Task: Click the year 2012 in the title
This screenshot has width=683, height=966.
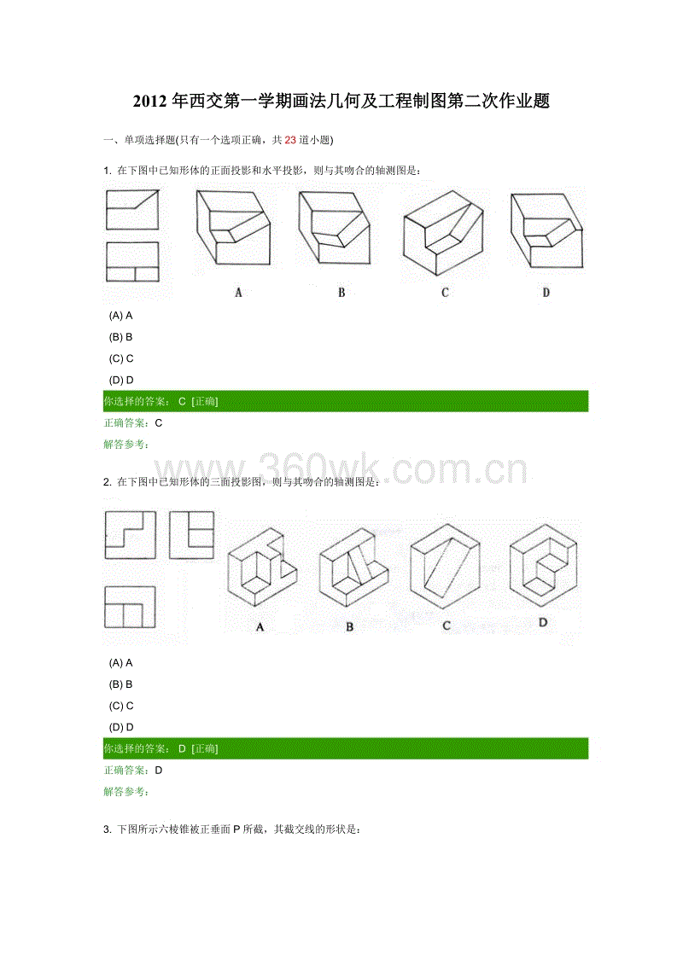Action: coord(149,101)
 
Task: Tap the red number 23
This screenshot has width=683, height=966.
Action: coord(290,140)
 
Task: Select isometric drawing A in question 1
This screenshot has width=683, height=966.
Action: coord(234,228)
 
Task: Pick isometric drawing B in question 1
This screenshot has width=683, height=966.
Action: coord(334,228)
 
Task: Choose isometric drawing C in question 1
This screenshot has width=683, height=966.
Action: coord(443,232)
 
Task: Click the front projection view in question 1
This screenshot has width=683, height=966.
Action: coord(132,209)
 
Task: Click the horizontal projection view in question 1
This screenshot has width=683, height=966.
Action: coord(132,262)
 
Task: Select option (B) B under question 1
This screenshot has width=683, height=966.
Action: coord(121,337)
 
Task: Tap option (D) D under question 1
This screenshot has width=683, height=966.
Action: coord(121,380)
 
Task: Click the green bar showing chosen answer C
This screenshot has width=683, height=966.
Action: coord(346,401)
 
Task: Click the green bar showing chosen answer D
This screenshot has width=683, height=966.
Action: coord(346,748)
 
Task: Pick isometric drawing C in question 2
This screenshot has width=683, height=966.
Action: coord(445,567)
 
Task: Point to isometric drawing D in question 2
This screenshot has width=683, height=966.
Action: coord(543,565)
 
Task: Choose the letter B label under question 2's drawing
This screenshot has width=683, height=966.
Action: coord(349,626)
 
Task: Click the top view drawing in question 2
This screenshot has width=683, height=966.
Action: coord(130,607)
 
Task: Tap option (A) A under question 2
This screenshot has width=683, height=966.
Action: coord(121,663)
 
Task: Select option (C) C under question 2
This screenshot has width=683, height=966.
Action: coord(121,706)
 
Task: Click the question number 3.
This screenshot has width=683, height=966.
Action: coord(107,829)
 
